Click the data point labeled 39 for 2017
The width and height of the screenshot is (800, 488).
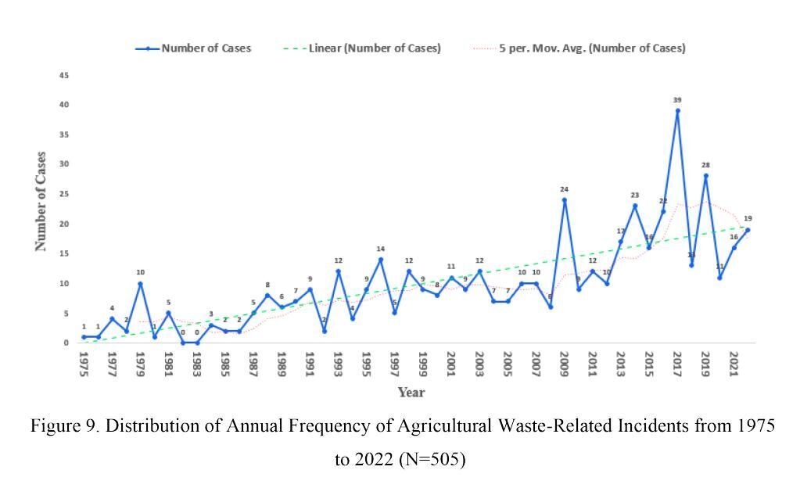(x=677, y=110)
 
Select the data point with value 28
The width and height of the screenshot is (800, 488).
(x=705, y=176)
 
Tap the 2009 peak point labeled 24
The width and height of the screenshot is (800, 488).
(x=564, y=199)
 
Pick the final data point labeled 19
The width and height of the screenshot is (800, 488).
(x=748, y=230)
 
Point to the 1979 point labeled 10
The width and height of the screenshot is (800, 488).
(x=140, y=283)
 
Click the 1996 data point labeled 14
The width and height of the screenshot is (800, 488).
(x=381, y=260)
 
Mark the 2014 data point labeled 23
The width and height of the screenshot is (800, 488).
(x=635, y=206)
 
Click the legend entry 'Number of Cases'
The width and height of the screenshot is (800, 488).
(x=206, y=48)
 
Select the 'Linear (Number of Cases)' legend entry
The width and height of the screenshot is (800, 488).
(x=380, y=48)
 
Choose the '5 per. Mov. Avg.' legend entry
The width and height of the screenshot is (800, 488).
(x=592, y=48)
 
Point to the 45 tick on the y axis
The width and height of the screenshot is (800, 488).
(x=64, y=75)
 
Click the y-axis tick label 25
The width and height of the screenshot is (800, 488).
(x=64, y=194)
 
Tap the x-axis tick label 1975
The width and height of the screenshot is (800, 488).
(x=84, y=365)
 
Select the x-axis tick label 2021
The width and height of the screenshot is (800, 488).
(x=734, y=365)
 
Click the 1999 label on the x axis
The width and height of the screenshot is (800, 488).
(x=423, y=365)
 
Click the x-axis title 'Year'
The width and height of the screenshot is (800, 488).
(x=411, y=393)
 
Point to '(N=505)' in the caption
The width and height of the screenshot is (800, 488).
(x=432, y=459)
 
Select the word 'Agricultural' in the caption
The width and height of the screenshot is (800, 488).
(x=443, y=426)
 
